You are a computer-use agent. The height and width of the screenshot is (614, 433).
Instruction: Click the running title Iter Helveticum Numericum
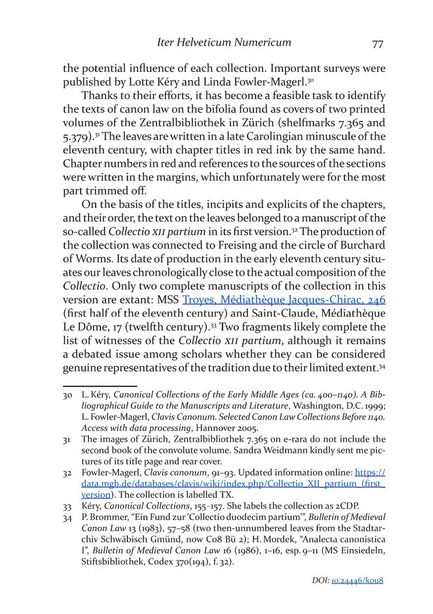coord(223,43)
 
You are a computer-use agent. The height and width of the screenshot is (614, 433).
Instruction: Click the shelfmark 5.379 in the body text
coord(77,135)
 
